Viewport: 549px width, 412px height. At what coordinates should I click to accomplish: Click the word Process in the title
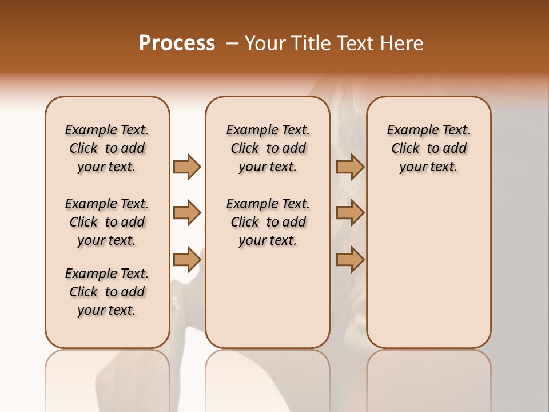pyautogui.click(x=177, y=43)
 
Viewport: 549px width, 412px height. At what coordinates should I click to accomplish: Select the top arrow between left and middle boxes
pyautogui.click(x=187, y=167)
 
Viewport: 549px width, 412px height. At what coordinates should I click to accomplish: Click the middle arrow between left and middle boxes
pyautogui.click(x=187, y=213)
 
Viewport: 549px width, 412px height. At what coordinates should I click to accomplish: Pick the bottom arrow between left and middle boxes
pyautogui.click(x=187, y=260)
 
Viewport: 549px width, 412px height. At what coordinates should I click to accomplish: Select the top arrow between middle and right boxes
pyautogui.click(x=350, y=167)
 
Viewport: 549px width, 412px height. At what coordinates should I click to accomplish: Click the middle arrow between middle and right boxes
pyautogui.click(x=350, y=213)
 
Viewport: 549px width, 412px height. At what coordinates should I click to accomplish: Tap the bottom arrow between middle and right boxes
pyautogui.click(x=350, y=260)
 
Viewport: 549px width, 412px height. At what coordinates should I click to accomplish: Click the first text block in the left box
pyautogui.click(x=107, y=148)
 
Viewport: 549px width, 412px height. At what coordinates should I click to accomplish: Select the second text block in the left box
pyautogui.click(x=107, y=222)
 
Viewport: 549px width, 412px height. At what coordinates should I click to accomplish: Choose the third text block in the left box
pyautogui.click(x=107, y=292)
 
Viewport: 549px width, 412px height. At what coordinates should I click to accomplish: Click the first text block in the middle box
pyautogui.click(x=268, y=148)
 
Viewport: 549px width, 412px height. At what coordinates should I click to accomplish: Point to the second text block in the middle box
pyautogui.click(x=268, y=222)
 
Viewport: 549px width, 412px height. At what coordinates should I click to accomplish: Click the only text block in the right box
pyautogui.click(x=428, y=148)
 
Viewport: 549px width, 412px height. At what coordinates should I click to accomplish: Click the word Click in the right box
pyautogui.click(x=405, y=149)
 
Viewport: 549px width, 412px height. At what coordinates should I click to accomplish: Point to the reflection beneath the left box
pyautogui.click(x=107, y=378)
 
